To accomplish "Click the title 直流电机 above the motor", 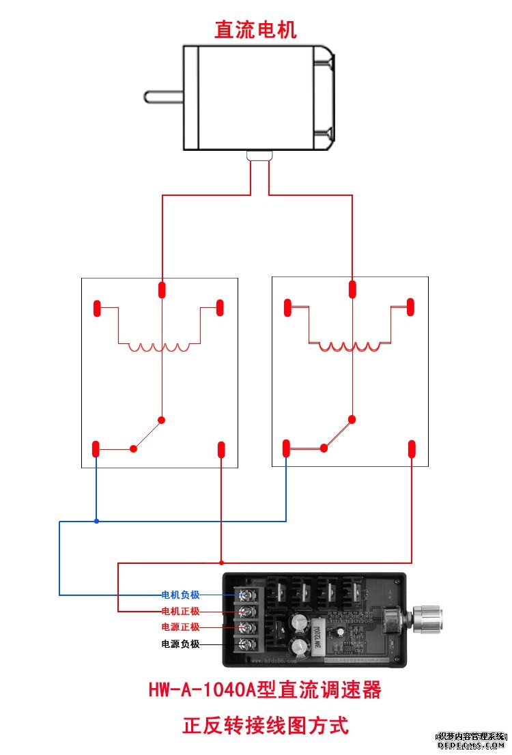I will [x=256, y=30].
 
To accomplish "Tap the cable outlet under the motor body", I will [x=259, y=156].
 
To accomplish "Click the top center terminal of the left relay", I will [x=162, y=289].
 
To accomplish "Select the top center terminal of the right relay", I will [x=352, y=289].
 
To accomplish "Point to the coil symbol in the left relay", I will [x=159, y=347].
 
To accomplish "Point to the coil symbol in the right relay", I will [x=350, y=346].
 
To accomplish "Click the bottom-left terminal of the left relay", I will [x=96, y=449].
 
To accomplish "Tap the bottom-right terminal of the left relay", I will [x=221, y=450].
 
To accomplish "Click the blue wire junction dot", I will [x=96, y=522].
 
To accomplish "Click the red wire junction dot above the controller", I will [x=221, y=563].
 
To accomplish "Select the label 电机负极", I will [x=180, y=595].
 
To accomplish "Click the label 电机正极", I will [x=180, y=611].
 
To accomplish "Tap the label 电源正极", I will [x=180, y=627].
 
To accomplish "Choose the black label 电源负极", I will [x=180, y=643].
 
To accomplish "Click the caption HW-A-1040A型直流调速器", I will [x=265, y=690].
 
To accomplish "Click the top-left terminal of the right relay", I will [x=288, y=307].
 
